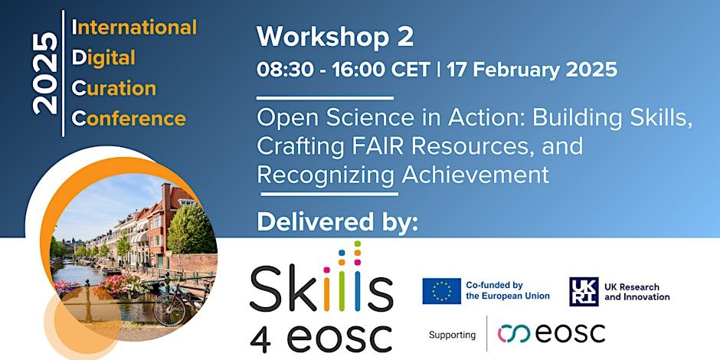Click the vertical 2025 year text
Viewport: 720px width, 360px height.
tap(45, 74)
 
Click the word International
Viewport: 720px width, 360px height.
tap(134, 27)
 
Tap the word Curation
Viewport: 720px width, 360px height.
tap(114, 88)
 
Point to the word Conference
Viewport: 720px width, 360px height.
tap(129, 119)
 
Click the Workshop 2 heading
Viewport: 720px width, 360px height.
tap(335, 38)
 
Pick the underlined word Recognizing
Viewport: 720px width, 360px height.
tap(326, 175)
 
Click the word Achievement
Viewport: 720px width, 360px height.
tap(475, 175)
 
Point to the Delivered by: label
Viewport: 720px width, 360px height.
tap(338, 221)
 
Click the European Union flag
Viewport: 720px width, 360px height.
tap(442, 290)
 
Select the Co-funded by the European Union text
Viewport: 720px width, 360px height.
tap(507, 290)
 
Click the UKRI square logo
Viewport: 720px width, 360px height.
tap(584, 291)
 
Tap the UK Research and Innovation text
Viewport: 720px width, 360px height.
tap(637, 292)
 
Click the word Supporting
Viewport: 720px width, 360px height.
tap(452, 335)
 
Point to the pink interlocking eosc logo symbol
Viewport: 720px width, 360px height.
tap(514, 334)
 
